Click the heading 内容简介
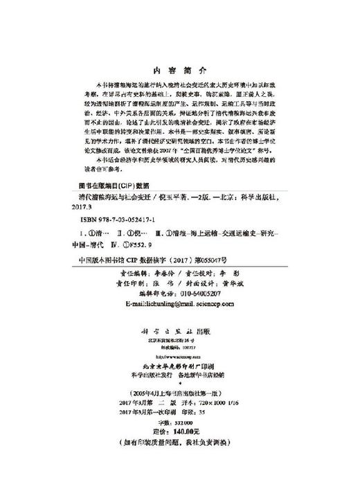(x=180, y=69)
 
